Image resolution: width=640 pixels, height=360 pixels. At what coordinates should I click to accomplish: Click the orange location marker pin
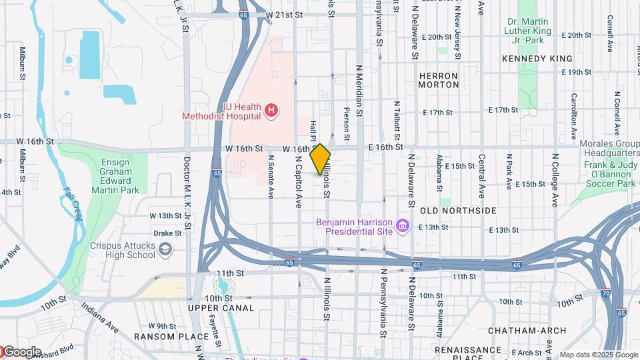click(321, 159)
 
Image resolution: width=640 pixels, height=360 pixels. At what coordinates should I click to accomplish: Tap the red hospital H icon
click(271, 111)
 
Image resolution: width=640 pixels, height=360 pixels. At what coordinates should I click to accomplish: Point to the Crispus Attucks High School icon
click(165, 249)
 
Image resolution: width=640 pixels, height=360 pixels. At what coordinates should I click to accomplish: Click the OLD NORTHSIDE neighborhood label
click(458, 211)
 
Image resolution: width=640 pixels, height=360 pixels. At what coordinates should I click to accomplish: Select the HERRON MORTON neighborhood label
click(439, 80)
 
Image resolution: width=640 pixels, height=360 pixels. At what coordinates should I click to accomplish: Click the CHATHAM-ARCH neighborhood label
click(527, 331)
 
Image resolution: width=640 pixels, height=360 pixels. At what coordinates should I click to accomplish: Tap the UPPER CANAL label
click(221, 308)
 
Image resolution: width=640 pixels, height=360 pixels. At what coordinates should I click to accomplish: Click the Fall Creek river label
click(74, 204)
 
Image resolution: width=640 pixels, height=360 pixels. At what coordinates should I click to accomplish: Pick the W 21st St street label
click(283, 14)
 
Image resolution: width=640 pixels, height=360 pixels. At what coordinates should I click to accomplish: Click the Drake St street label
click(167, 233)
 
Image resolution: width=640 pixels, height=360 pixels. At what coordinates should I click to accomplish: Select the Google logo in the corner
click(21, 352)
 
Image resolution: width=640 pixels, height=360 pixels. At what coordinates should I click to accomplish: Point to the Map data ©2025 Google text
click(599, 355)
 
